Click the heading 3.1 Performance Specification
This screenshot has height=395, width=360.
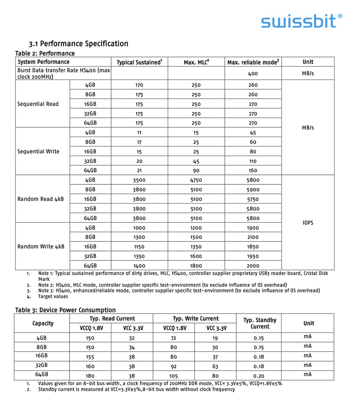click(78, 44)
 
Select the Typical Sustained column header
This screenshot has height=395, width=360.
click(139, 62)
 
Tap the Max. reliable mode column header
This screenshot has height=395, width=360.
click(253, 62)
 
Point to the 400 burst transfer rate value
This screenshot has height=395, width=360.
click(253, 74)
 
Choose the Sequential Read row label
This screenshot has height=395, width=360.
click(38, 104)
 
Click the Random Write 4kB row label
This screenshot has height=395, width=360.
click(41, 247)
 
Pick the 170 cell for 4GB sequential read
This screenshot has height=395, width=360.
click(139, 86)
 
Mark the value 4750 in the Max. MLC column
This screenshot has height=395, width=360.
click(196, 180)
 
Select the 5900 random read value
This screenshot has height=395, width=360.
click(253, 190)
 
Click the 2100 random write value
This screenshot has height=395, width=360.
click(253, 237)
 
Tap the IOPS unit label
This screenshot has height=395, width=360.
click(308, 223)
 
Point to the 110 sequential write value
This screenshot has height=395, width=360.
click(253, 161)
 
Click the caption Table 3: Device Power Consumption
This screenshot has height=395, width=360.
click(65, 310)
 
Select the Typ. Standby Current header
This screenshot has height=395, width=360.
click(260, 323)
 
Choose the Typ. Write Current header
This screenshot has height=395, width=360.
click(195, 318)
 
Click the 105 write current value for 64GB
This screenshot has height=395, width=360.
click(173, 375)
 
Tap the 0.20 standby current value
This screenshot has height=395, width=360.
click(259, 375)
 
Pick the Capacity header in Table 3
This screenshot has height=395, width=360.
click(43, 323)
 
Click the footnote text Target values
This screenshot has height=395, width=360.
click(53, 296)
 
